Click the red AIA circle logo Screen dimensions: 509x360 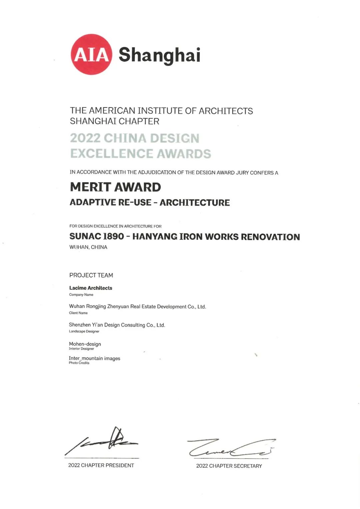(x=91, y=54)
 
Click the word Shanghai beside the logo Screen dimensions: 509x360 (x=159, y=55)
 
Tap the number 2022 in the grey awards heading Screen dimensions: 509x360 (x=85, y=138)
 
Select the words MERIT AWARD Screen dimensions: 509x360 (x=115, y=187)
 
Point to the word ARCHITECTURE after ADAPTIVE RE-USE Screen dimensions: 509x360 (x=195, y=203)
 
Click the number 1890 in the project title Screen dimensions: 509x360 (x=113, y=236)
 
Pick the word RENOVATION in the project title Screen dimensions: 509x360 (x=270, y=237)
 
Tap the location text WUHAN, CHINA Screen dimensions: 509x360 (x=88, y=247)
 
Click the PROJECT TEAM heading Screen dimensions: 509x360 (x=91, y=275)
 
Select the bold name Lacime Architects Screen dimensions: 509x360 (x=91, y=288)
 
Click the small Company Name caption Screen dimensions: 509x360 (x=81, y=295)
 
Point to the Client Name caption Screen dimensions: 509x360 (x=78, y=313)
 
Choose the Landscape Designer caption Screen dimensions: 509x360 (x=84, y=331)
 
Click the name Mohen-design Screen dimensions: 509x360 (x=85, y=344)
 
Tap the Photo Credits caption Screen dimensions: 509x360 (x=79, y=363)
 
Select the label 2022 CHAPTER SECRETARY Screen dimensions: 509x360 (x=229, y=466)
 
